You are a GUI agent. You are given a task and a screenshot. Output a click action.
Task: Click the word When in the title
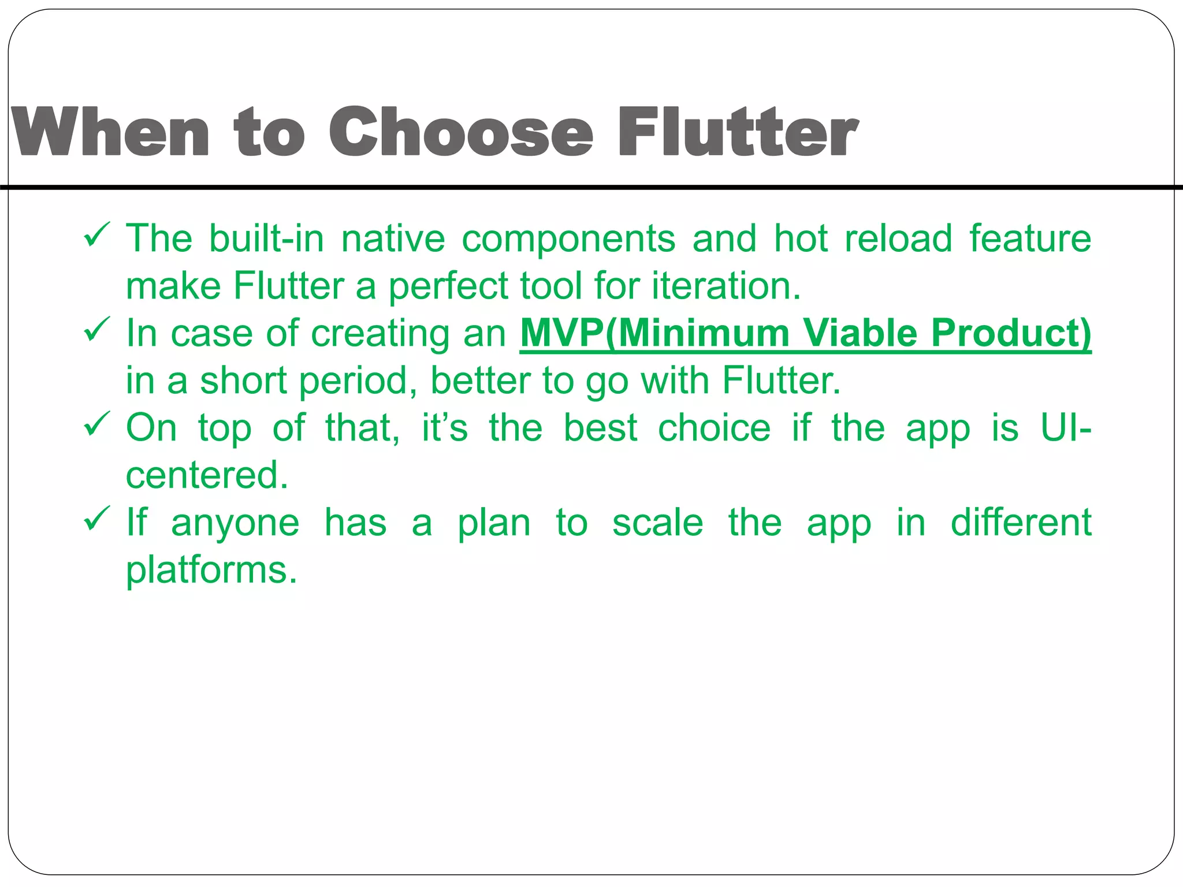tap(110, 132)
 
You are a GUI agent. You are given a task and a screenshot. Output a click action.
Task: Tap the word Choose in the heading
tap(461, 132)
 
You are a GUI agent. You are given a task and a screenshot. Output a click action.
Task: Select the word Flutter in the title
tap(738, 132)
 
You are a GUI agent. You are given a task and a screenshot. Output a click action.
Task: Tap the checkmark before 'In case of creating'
tap(96, 330)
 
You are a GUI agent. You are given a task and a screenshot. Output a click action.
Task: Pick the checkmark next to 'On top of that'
tap(96, 425)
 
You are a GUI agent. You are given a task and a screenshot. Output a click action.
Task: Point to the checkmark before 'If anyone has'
tap(96, 520)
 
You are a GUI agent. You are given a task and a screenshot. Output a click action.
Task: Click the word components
tap(568, 239)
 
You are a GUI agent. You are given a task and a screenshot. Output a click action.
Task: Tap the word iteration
tap(726, 286)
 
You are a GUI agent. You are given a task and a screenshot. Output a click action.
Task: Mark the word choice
tap(715, 428)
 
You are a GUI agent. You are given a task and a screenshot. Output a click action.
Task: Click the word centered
tap(206, 475)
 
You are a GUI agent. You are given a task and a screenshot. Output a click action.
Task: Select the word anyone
tap(235, 523)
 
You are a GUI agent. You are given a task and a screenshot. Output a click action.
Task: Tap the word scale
tap(657, 523)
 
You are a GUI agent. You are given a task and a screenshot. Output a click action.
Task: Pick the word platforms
tap(211, 571)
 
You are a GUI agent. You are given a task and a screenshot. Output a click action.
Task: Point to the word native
tap(393, 238)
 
